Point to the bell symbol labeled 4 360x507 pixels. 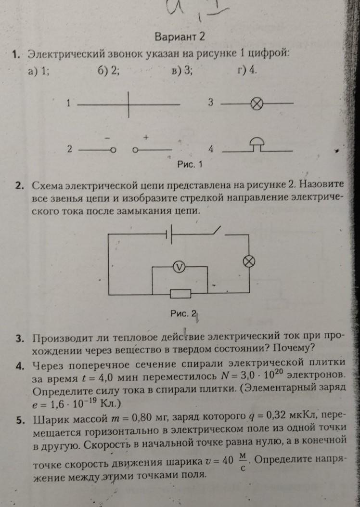point(256,145)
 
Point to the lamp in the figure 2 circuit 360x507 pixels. point(249,261)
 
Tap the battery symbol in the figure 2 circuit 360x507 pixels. point(169,234)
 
